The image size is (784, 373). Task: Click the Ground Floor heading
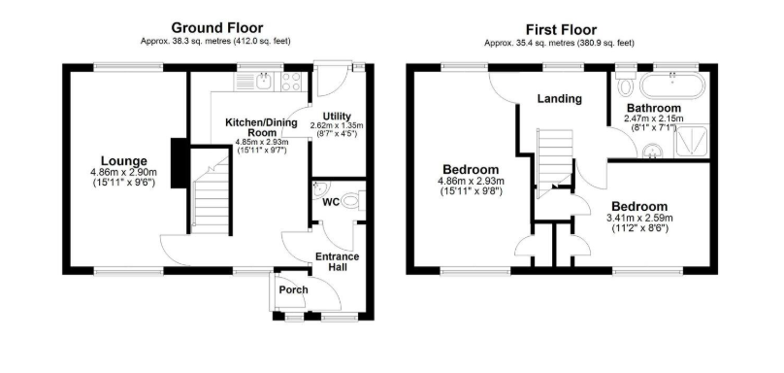point(217,28)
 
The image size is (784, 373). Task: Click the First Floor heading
point(561,30)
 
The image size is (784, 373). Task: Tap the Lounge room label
point(124,161)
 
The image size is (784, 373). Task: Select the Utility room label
point(337,117)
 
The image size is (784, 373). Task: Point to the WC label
point(331,202)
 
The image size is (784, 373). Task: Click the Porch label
point(293,289)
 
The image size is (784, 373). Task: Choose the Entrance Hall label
point(337,262)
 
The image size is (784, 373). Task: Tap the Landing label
point(560,99)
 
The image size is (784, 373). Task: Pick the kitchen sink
point(253,82)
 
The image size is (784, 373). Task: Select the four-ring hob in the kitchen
point(290,82)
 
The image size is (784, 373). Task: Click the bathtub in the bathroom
point(672,85)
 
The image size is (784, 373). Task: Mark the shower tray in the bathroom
point(692,142)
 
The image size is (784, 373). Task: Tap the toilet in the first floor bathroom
point(625,84)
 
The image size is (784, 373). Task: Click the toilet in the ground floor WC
point(354,201)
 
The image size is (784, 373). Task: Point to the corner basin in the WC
point(319,189)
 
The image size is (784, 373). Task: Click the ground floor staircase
point(211,190)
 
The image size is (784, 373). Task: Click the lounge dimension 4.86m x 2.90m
point(123,173)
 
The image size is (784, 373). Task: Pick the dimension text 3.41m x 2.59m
point(639,219)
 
